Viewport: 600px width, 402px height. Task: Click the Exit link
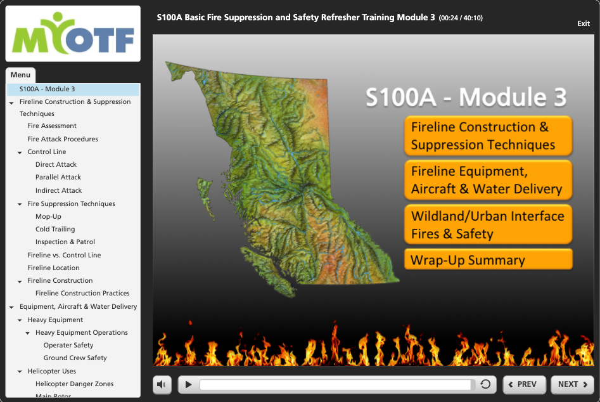(583, 23)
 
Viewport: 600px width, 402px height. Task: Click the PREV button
(524, 384)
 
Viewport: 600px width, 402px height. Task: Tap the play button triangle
(188, 384)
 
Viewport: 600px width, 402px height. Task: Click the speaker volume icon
(162, 384)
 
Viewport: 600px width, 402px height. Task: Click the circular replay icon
(485, 384)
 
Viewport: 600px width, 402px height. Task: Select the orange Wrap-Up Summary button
(488, 259)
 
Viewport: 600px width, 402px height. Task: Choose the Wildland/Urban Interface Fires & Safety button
(488, 224)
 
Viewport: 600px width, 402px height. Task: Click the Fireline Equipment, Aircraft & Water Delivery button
(488, 180)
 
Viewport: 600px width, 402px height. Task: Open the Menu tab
(20, 75)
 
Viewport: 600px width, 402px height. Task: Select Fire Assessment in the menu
(52, 126)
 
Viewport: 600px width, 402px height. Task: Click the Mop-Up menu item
(48, 216)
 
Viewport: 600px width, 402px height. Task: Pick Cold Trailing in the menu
(55, 229)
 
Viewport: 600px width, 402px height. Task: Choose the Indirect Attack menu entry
(58, 190)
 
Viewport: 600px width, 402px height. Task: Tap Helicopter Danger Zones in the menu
(74, 384)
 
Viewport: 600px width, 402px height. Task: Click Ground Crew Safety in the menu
(75, 358)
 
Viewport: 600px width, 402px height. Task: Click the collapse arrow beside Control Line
(20, 152)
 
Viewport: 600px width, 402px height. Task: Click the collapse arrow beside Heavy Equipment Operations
(27, 333)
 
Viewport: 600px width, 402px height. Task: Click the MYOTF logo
(73, 34)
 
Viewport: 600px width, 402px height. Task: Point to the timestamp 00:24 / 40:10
(461, 18)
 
